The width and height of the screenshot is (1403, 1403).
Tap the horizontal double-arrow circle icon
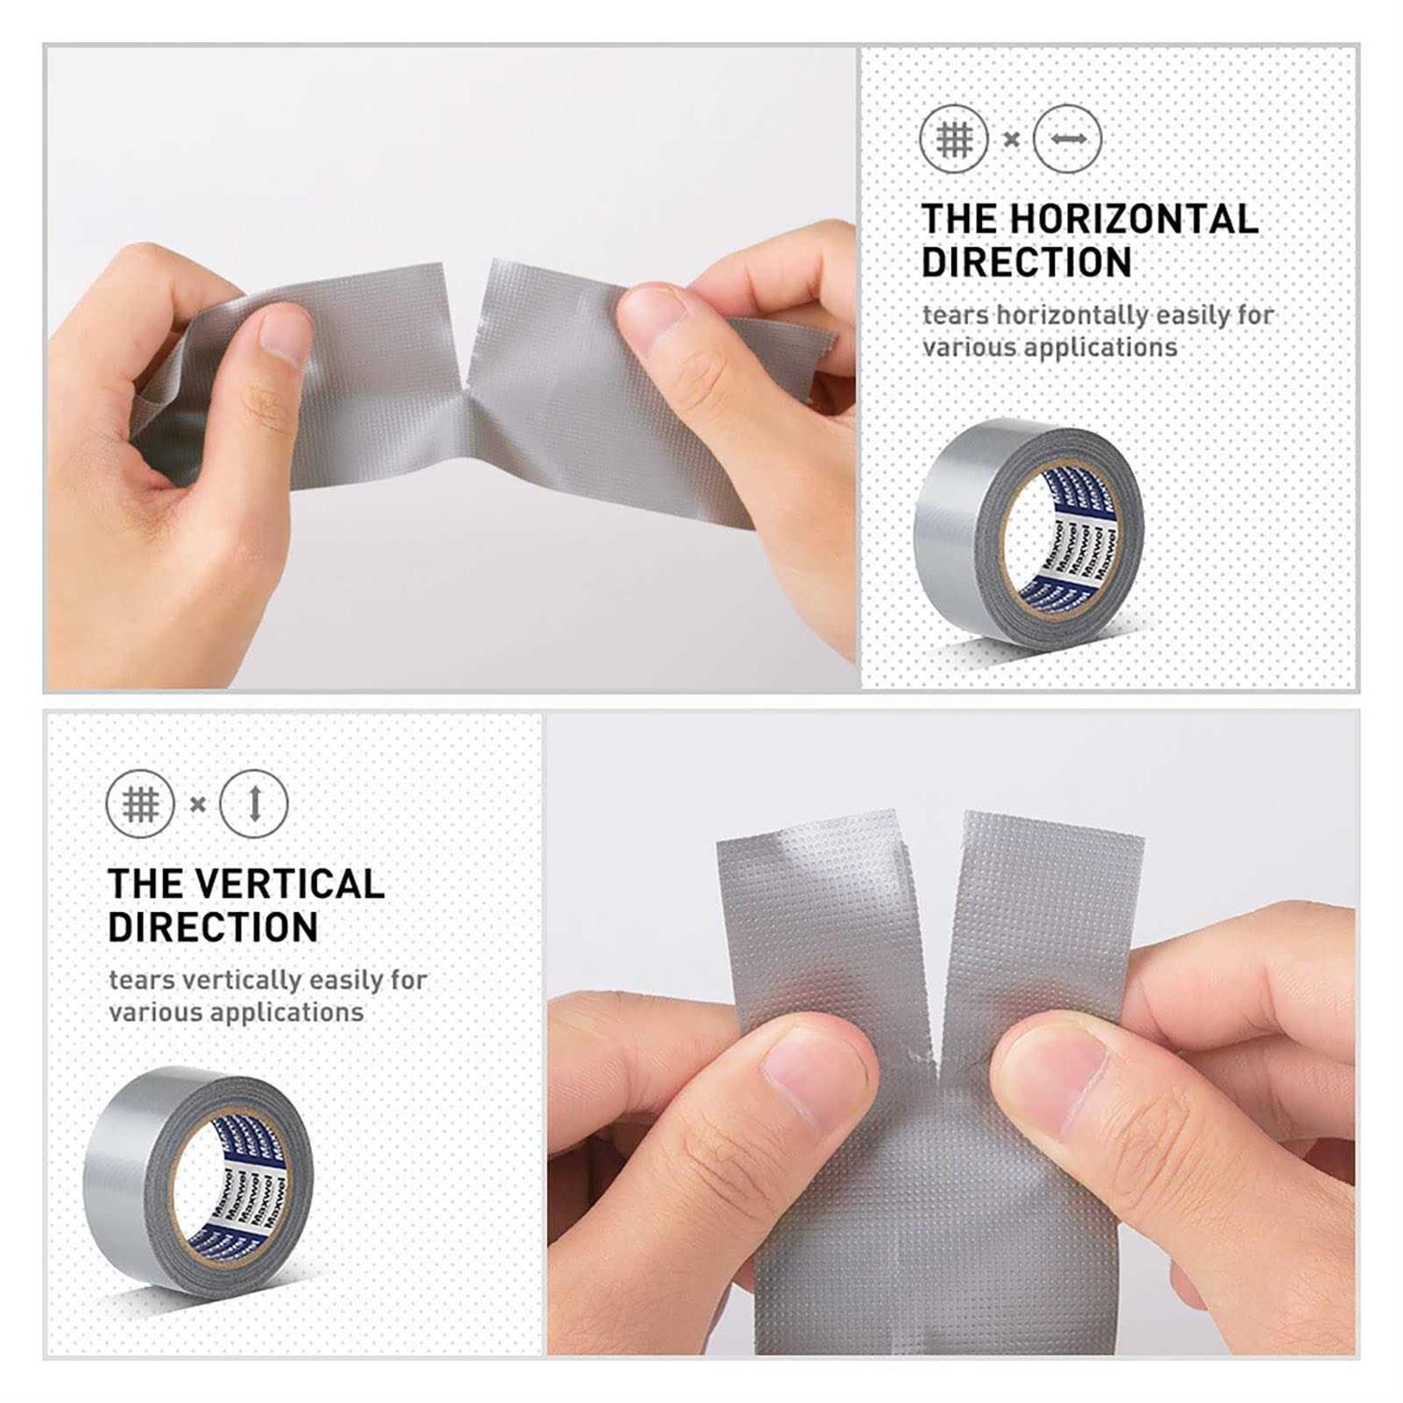1067,139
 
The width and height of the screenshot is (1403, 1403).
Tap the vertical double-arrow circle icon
253,804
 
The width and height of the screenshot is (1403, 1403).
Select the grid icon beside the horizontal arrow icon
954,139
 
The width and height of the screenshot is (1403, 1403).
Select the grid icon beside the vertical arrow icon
140,804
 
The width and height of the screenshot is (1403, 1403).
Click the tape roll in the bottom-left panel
198,1179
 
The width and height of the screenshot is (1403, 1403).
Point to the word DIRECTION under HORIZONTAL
1027,262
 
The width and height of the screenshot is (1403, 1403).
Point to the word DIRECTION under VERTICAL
213,927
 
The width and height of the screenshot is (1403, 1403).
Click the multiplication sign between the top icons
1011,140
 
